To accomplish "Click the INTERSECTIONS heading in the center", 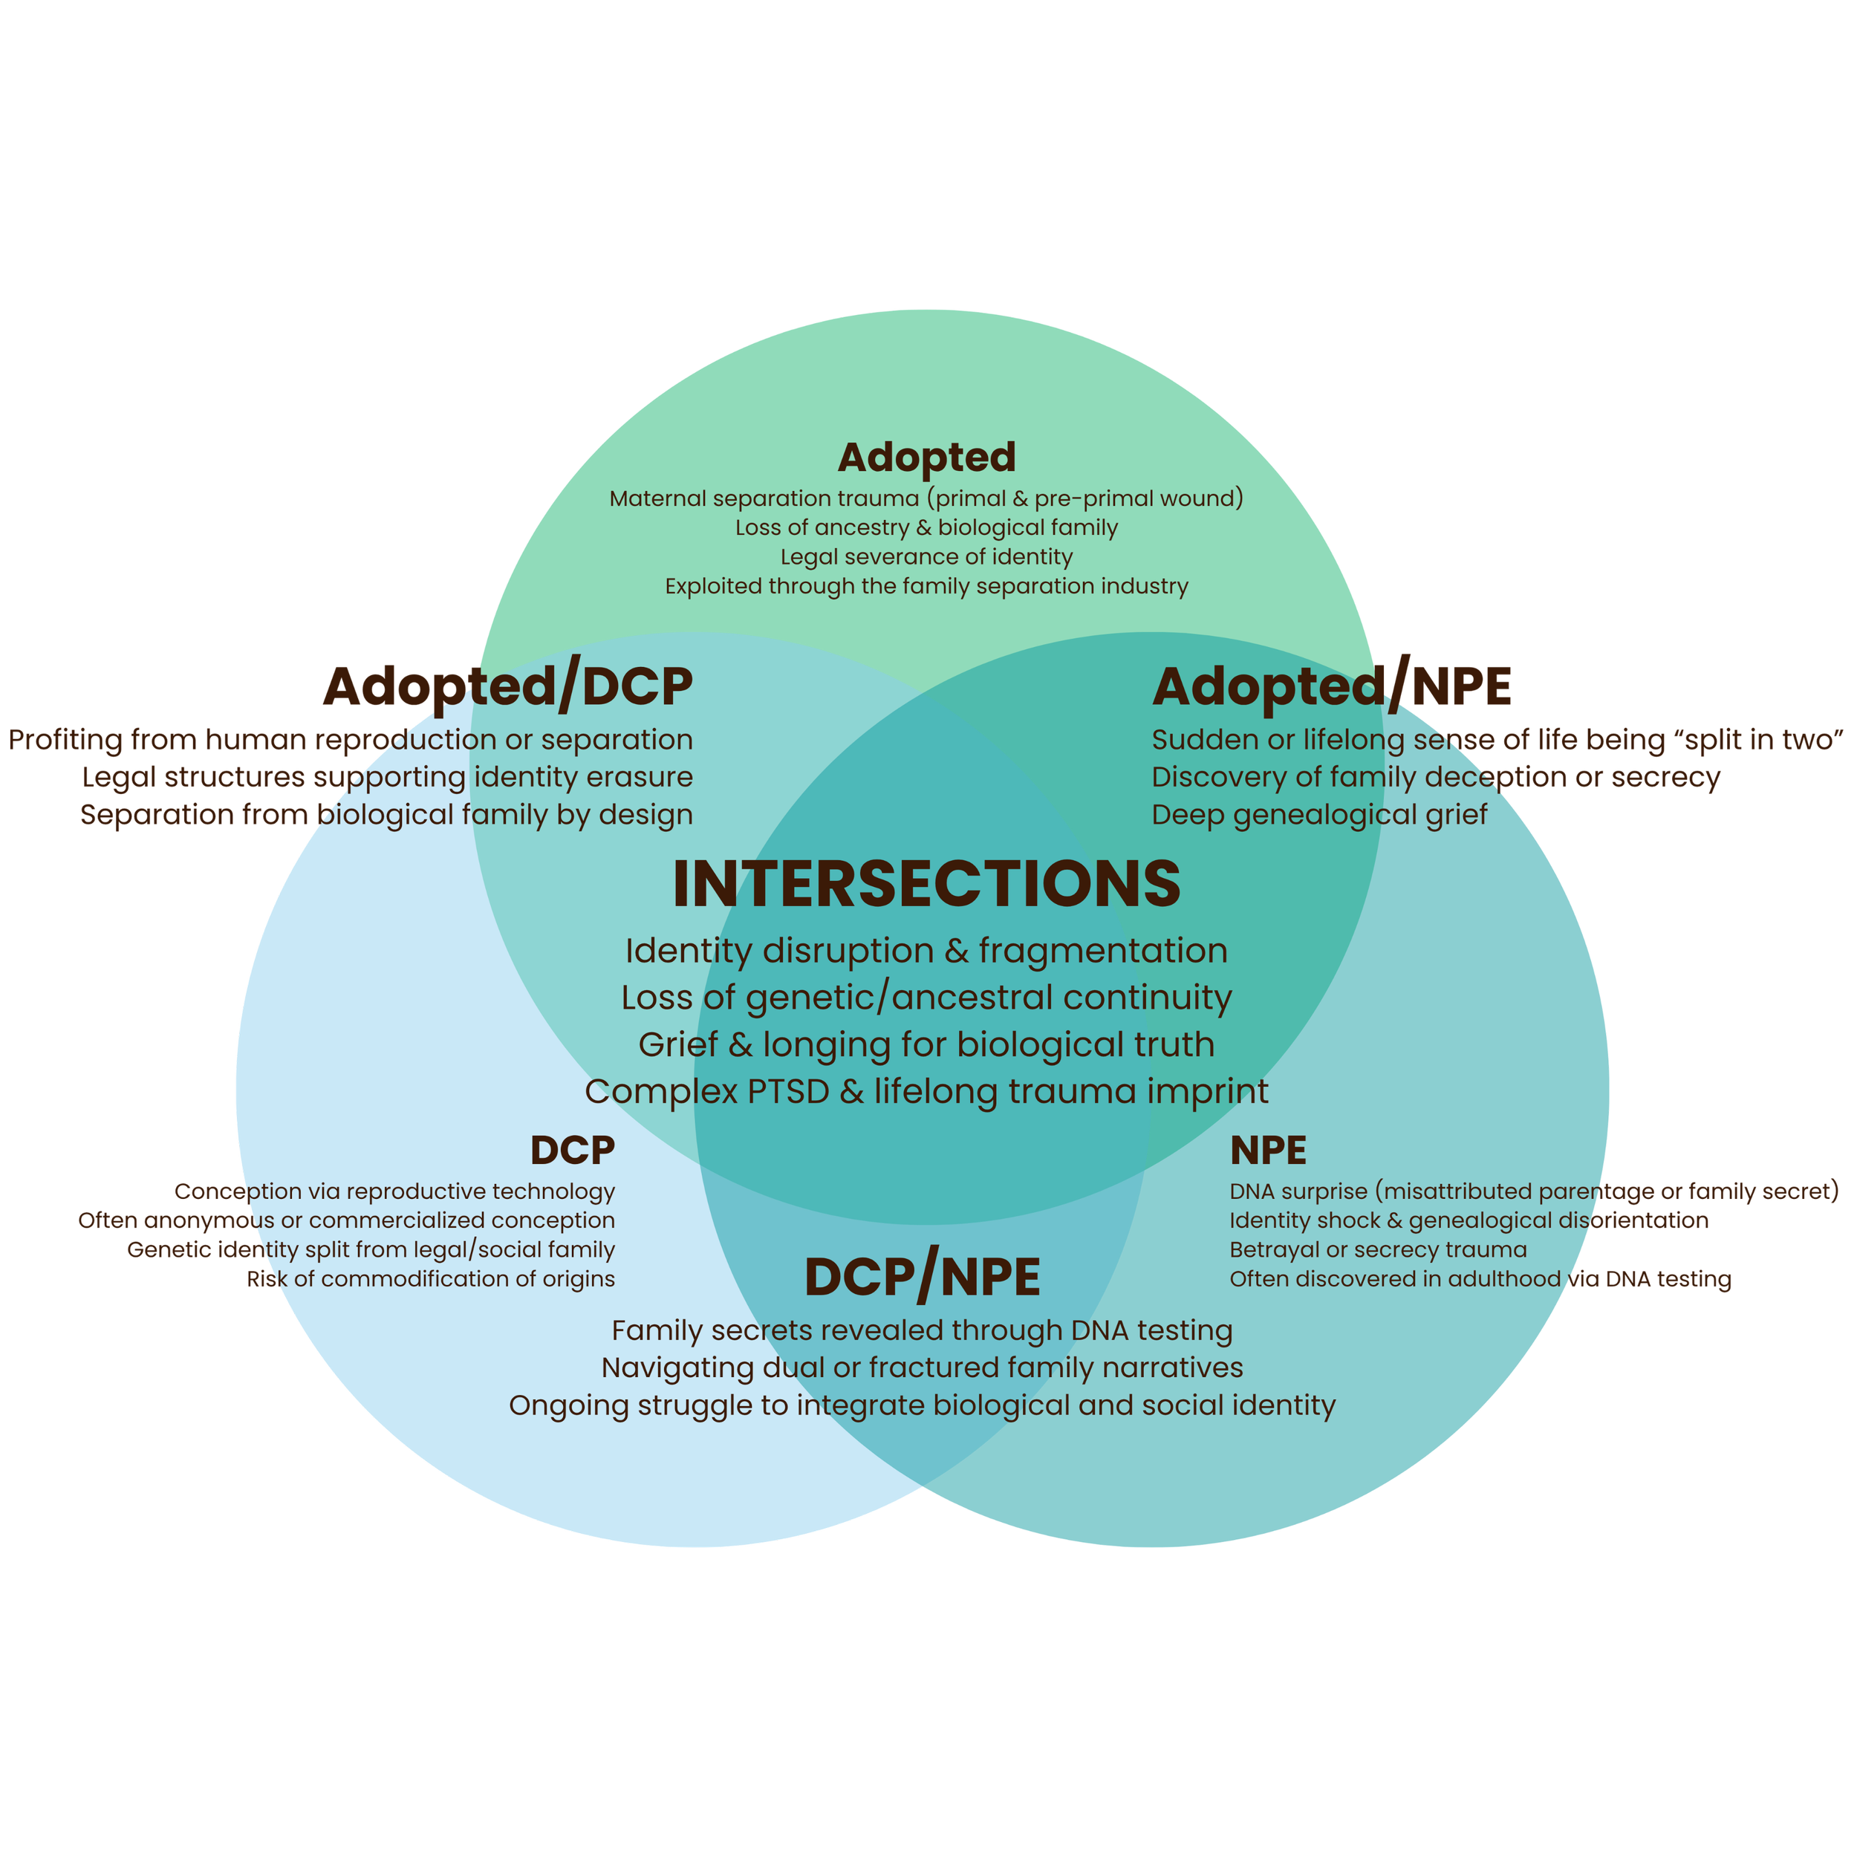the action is (x=926, y=884).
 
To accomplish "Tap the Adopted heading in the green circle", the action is (x=926, y=458).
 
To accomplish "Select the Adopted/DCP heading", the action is (x=507, y=686).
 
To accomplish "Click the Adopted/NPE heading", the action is (x=1332, y=686).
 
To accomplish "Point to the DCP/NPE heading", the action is (x=922, y=1278).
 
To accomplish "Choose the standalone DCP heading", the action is (x=572, y=1151).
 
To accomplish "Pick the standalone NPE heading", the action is (x=1268, y=1151).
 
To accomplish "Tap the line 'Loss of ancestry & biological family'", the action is (x=926, y=527).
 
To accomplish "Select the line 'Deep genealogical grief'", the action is (x=1318, y=815).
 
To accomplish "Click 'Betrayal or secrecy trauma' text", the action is (x=1377, y=1249).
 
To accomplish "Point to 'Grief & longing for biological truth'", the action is (x=926, y=1045).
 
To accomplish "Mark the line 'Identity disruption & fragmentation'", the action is (x=926, y=951).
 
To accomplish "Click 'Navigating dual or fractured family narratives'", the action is (x=922, y=1367).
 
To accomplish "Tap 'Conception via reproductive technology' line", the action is (x=395, y=1192).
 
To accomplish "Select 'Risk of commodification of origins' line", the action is (x=432, y=1279).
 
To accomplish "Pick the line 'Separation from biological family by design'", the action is (x=386, y=815).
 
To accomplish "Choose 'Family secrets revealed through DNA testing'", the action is (x=922, y=1330).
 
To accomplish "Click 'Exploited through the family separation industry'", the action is (x=926, y=586).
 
